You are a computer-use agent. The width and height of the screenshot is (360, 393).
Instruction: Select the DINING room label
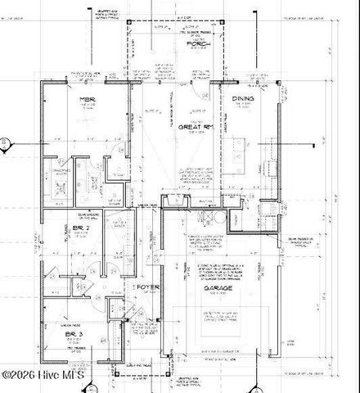tap(243, 99)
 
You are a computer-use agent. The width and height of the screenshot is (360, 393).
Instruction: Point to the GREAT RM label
tap(196, 127)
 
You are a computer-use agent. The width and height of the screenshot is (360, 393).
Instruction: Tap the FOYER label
tap(148, 288)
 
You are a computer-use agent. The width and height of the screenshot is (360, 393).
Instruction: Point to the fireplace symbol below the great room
tap(174, 201)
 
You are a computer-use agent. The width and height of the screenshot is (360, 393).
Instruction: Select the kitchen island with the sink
tap(238, 152)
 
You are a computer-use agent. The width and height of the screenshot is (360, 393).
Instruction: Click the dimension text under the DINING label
tap(243, 106)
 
